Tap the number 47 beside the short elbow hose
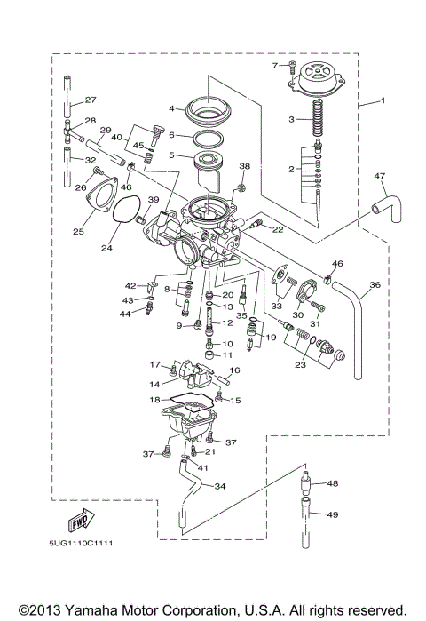[380, 175]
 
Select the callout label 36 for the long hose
[375, 285]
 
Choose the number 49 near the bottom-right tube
[334, 514]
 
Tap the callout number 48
[333, 484]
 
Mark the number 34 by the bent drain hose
[220, 486]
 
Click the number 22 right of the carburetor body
[277, 229]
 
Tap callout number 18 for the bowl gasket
[154, 401]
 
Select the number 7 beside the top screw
[276, 65]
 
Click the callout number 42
[130, 285]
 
